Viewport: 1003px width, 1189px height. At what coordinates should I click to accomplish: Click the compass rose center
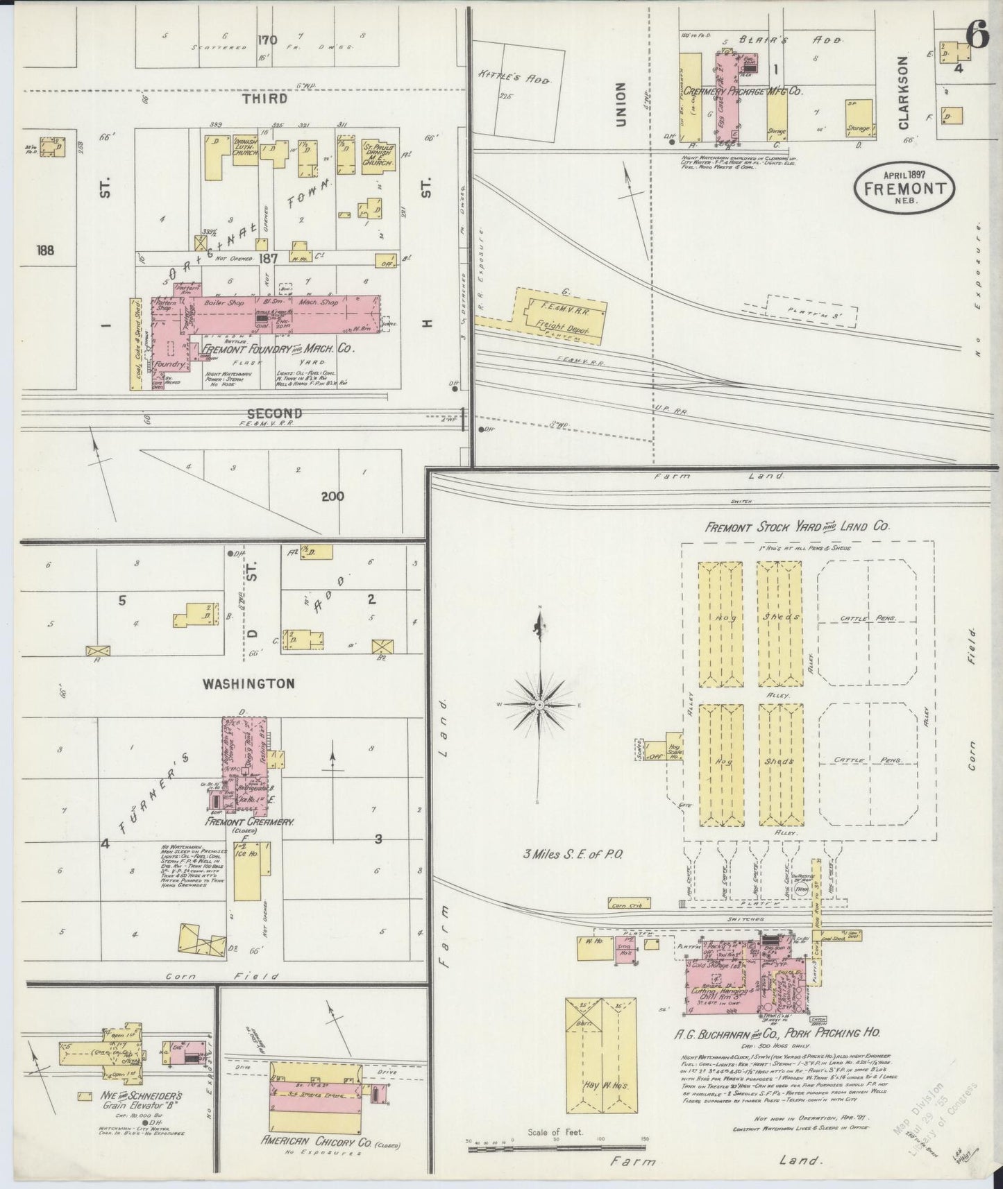click(539, 704)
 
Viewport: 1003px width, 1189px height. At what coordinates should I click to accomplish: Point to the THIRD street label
click(264, 99)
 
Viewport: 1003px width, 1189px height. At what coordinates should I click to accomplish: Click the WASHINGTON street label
click(248, 683)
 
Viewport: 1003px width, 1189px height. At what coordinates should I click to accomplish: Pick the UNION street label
click(621, 104)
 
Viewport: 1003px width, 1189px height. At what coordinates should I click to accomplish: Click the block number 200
click(332, 496)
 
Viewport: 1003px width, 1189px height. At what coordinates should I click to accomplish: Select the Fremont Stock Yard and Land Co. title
click(797, 527)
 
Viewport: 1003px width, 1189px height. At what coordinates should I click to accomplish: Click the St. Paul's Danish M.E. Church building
click(379, 154)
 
